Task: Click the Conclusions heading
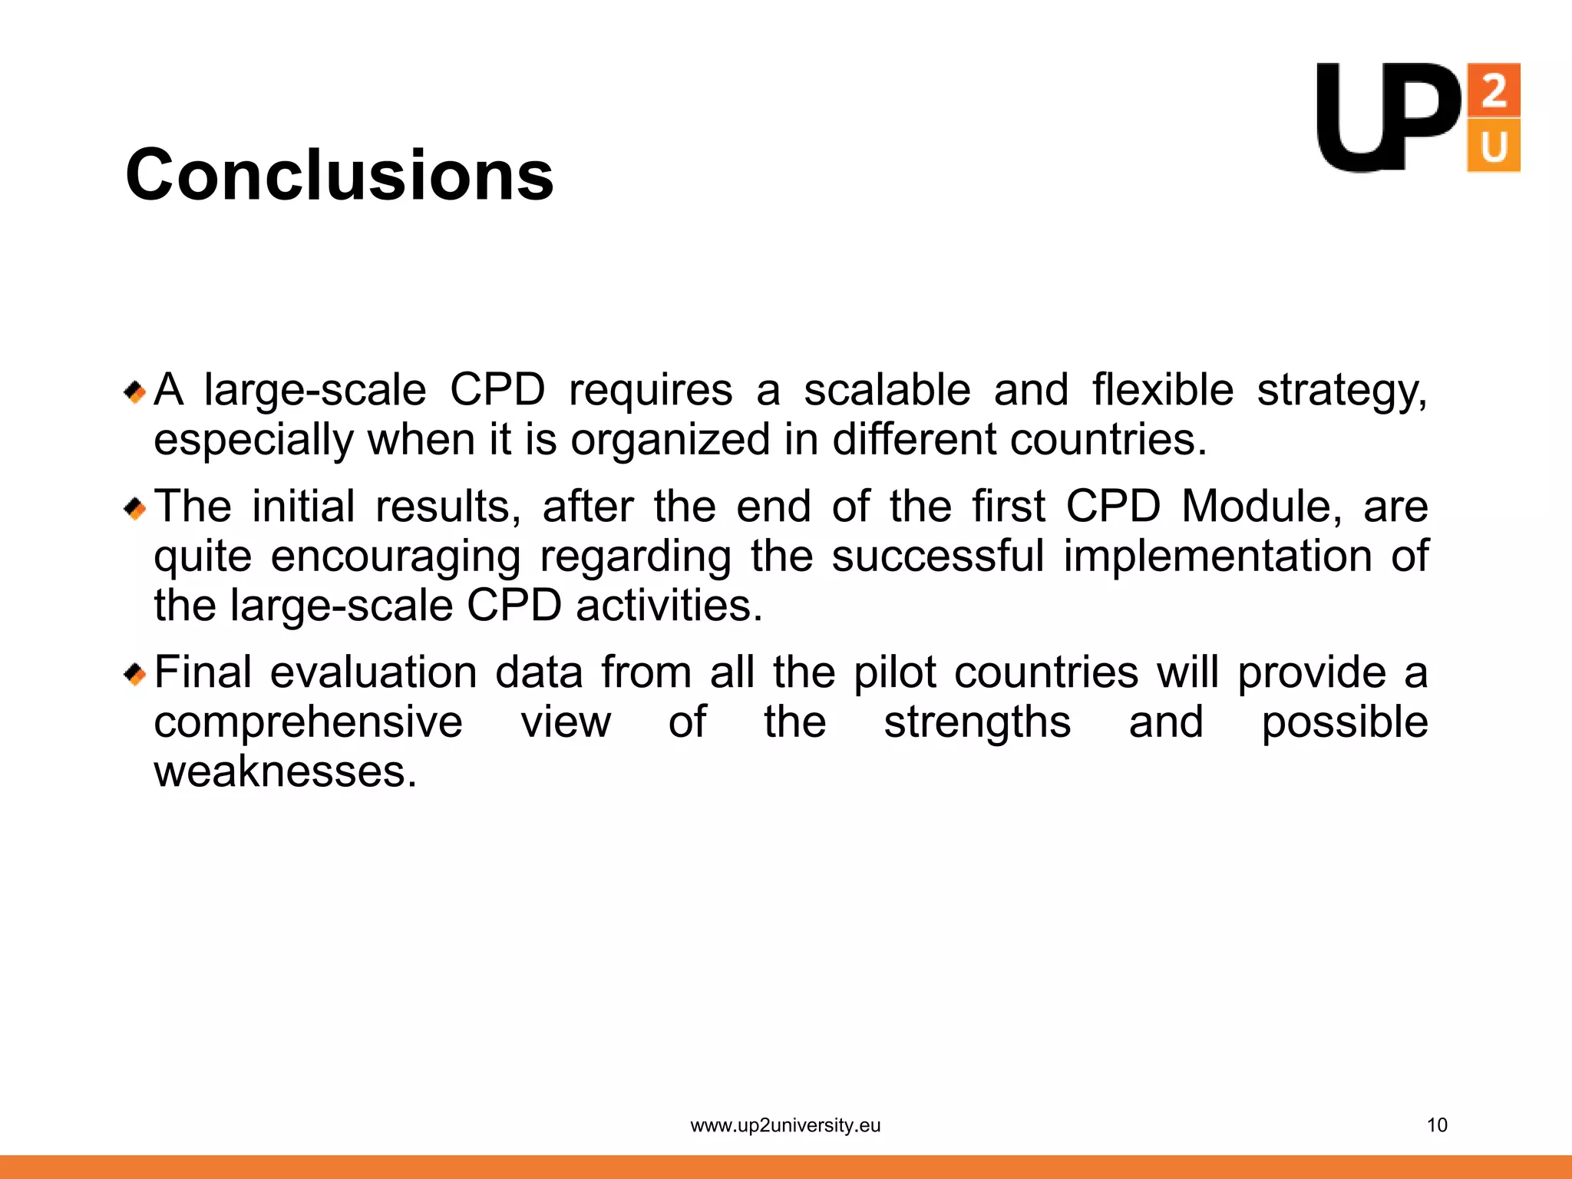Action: [x=339, y=175]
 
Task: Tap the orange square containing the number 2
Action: [x=1493, y=90]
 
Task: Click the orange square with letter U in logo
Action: [x=1493, y=145]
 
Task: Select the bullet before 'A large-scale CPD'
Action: [x=135, y=393]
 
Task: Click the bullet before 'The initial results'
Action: [x=135, y=508]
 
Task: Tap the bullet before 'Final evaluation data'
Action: [x=135, y=675]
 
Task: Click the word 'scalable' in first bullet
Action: [x=887, y=390]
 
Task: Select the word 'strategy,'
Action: [x=1342, y=391]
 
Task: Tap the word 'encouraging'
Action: [x=395, y=557]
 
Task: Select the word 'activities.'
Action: [x=669, y=606]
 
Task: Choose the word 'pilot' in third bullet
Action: [x=894, y=673]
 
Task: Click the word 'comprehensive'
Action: [x=308, y=723]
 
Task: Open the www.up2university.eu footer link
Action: [x=785, y=1125]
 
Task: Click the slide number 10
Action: [x=1436, y=1125]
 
